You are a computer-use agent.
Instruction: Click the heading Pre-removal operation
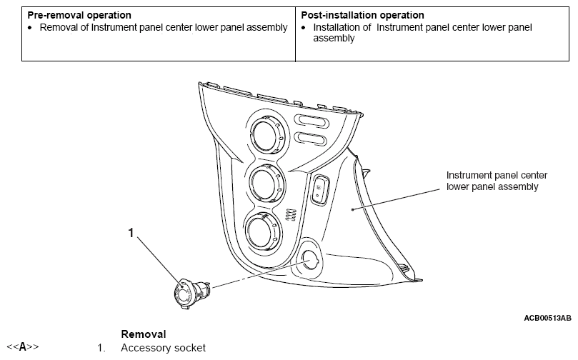(79, 15)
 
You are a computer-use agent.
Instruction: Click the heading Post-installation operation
(362, 15)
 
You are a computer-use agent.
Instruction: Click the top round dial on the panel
(267, 134)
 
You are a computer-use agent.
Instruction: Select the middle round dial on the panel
(266, 183)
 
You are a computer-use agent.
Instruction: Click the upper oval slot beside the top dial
(312, 121)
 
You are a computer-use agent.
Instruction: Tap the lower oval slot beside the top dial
(310, 139)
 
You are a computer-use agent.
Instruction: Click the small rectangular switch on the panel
(320, 189)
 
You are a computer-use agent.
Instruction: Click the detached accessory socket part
(191, 292)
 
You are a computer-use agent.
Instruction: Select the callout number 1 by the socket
(131, 233)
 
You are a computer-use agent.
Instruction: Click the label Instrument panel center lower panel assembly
(497, 181)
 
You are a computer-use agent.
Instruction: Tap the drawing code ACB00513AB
(547, 318)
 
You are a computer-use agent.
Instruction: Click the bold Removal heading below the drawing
(144, 334)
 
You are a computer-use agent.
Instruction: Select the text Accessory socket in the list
(164, 348)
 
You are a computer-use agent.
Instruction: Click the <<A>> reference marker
(22, 347)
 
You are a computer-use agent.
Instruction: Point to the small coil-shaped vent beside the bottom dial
(291, 215)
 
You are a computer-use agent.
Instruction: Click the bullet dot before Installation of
(304, 28)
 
